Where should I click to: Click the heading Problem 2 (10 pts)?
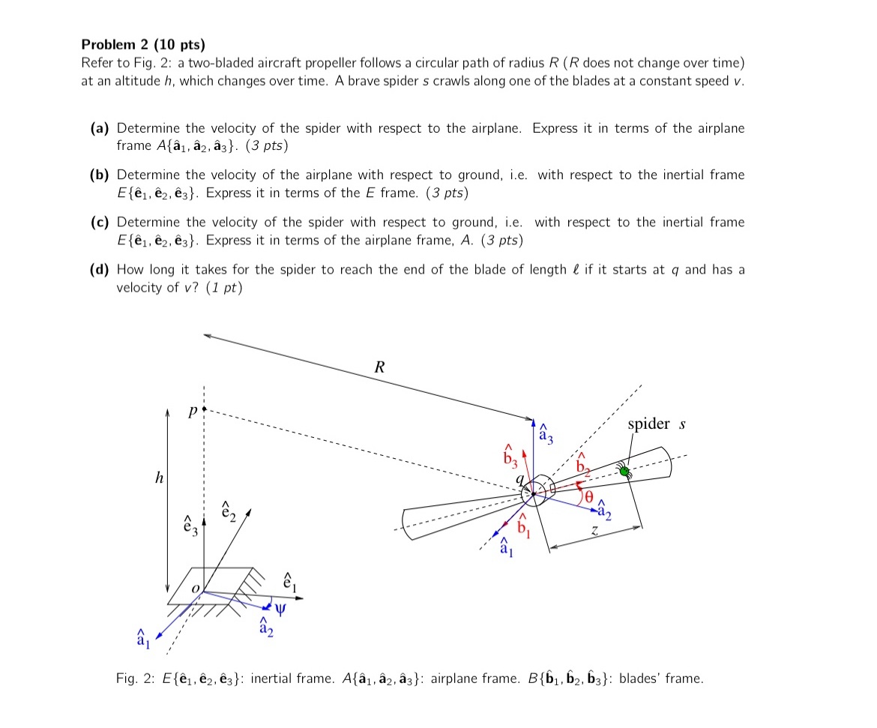(x=143, y=43)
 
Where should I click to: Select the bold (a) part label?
(x=101, y=128)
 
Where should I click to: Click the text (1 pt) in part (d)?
(x=225, y=287)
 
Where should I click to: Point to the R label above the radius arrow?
(x=379, y=367)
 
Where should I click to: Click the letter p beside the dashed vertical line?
(x=193, y=412)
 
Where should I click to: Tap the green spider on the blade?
(x=623, y=471)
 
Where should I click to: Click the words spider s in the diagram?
(x=657, y=424)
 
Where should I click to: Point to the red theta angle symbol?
(x=588, y=496)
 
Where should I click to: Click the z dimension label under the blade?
(x=594, y=530)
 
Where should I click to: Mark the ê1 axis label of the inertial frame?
(x=289, y=581)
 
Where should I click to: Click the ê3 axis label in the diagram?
(x=190, y=523)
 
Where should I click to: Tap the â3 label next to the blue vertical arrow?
(x=546, y=433)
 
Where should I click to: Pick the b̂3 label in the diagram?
(x=510, y=453)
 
